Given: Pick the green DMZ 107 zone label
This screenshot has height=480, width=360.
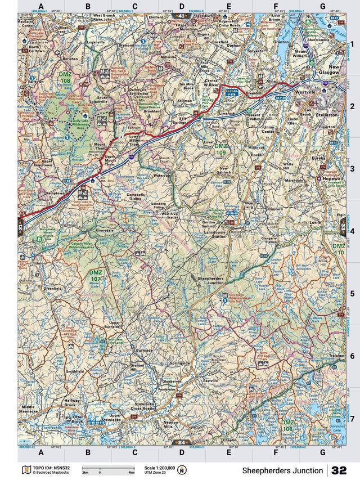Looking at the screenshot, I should tap(96, 275).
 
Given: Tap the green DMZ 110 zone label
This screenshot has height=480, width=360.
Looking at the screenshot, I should tap(338, 249).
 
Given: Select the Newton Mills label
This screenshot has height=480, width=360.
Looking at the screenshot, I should tap(170, 425).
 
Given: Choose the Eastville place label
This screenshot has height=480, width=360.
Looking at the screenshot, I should tap(210, 381).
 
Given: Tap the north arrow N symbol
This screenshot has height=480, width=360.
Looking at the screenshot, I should tap(182, 470).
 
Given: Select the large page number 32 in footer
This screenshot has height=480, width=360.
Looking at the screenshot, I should tap(339, 470).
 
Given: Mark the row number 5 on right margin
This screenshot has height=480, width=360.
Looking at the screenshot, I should tap(352, 293).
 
